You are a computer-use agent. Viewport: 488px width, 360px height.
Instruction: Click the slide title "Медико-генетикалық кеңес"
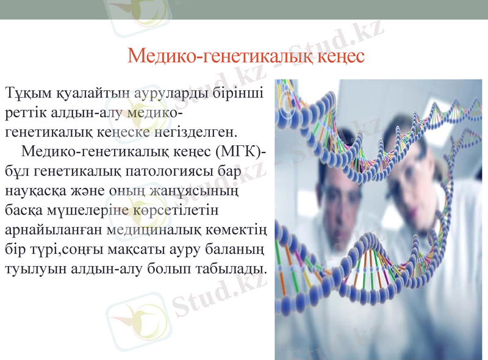pos(246,57)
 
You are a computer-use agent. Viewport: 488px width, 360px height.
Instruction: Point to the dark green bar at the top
pos(244,9)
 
